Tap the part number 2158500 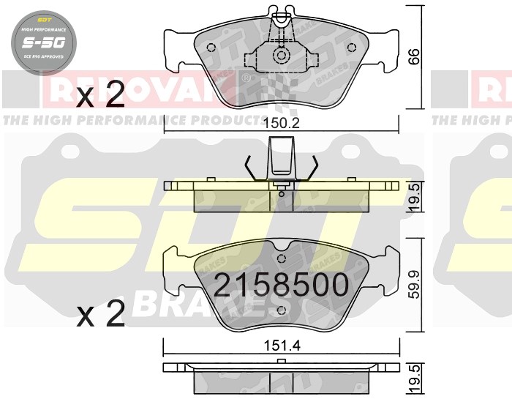[x=280, y=286]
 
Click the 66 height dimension [x=415, y=56]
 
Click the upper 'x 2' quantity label [x=100, y=94]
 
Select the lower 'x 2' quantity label [x=100, y=315]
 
